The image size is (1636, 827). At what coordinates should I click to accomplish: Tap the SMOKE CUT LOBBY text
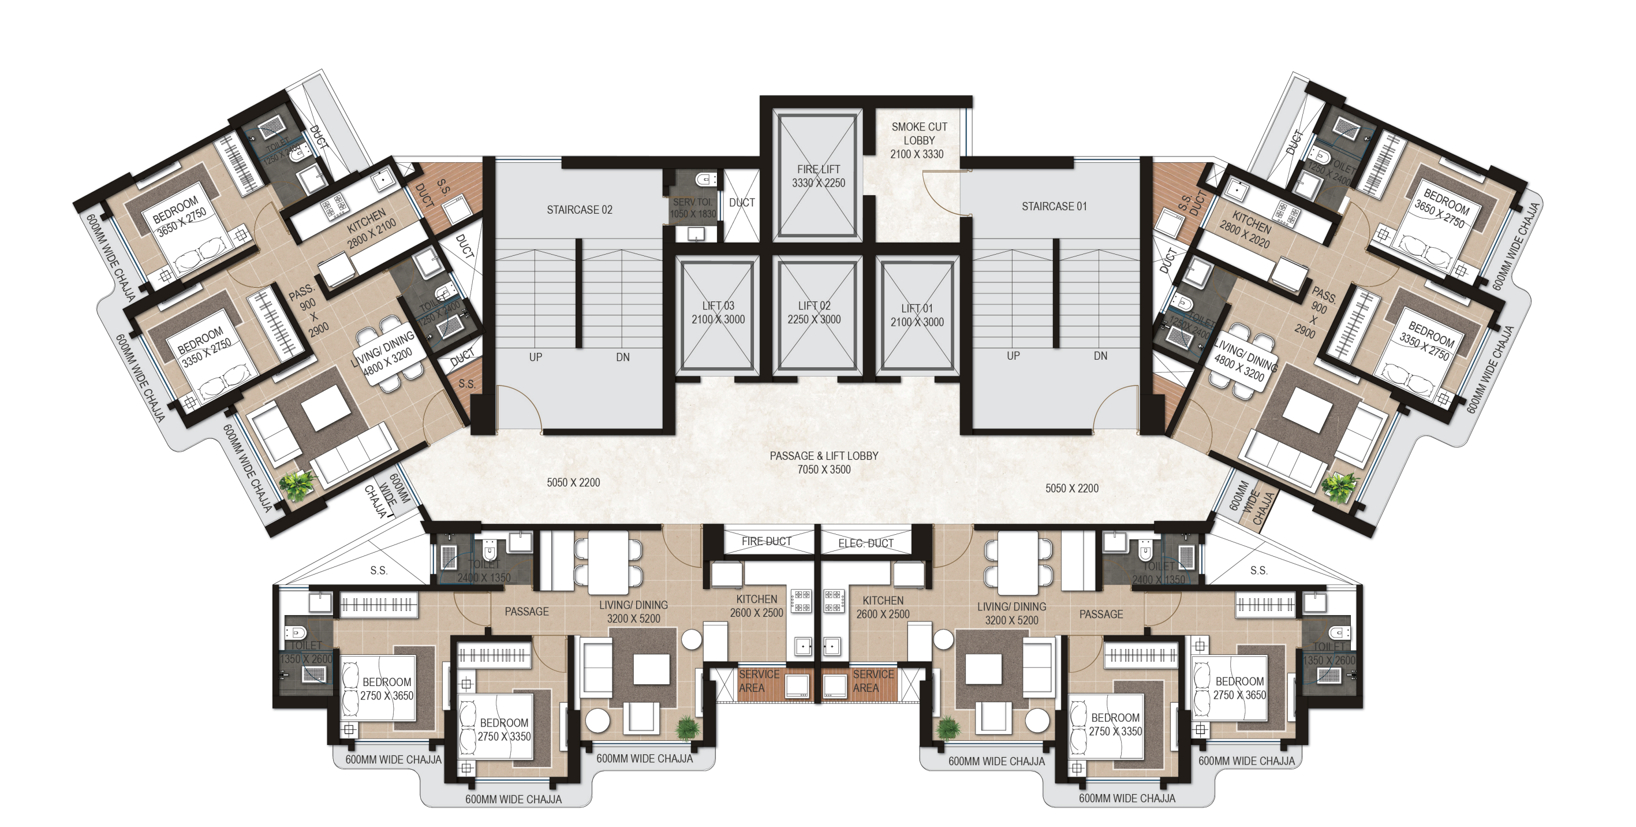(918, 133)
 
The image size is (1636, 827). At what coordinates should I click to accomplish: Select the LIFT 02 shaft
(814, 313)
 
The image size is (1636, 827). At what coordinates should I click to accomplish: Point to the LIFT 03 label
(718, 306)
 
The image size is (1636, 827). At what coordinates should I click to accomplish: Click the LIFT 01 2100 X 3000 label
(917, 315)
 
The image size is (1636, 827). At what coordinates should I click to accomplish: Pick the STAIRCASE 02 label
(579, 210)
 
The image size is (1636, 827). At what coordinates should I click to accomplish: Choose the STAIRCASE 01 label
(1054, 206)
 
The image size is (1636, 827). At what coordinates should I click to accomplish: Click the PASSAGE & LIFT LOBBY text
(824, 456)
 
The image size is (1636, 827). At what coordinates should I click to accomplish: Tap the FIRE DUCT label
(766, 541)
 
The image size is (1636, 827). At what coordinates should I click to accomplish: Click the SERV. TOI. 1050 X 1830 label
(692, 208)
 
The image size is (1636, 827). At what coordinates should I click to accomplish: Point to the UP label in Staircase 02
(535, 357)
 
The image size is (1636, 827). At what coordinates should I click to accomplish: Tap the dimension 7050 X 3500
(824, 470)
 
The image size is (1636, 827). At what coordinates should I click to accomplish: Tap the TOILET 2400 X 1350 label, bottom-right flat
(1159, 572)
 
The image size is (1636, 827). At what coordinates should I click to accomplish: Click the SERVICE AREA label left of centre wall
(759, 681)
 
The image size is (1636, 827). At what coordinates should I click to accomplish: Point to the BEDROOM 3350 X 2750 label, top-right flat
(1429, 341)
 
